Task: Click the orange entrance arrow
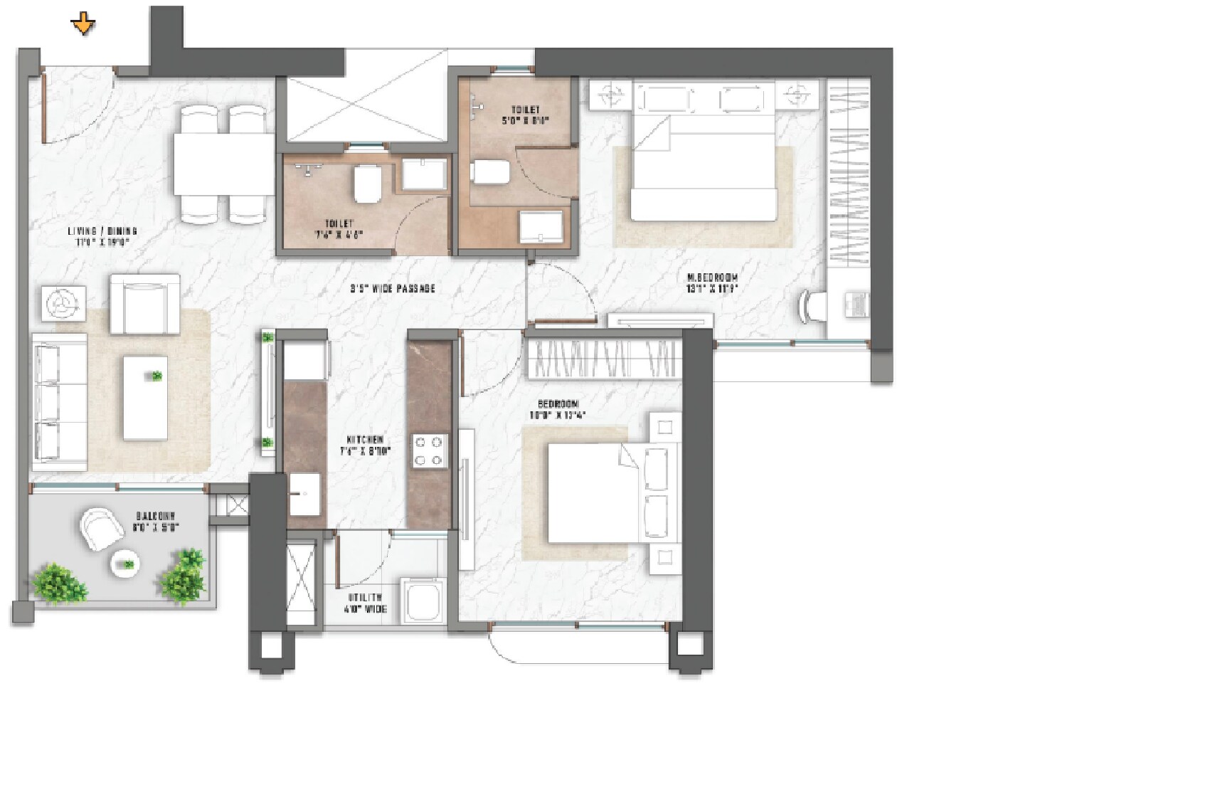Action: (83, 24)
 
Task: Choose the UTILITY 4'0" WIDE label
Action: (366, 603)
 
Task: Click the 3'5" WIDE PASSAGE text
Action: (392, 289)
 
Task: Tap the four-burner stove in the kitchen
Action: (430, 451)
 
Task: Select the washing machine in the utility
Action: (424, 601)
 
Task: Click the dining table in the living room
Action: (223, 164)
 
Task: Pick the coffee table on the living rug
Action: (145, 398)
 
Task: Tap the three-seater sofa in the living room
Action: (58, 403)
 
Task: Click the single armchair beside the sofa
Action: (144, 305)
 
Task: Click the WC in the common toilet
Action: (367, 183)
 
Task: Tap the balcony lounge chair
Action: (101, 528)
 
